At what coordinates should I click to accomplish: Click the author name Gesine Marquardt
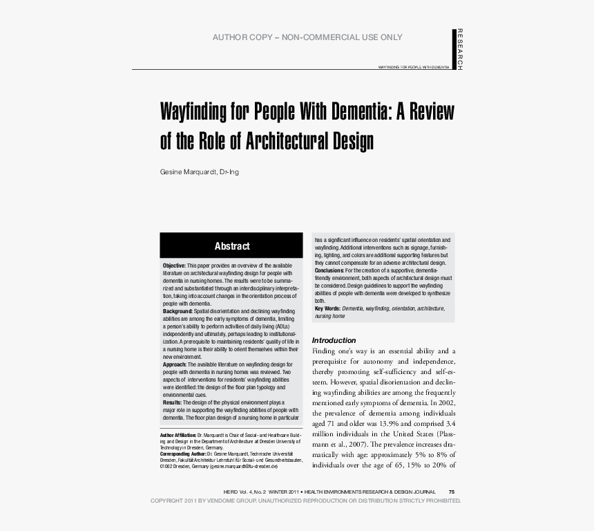point(189,171)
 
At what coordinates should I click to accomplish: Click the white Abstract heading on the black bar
point(232,246)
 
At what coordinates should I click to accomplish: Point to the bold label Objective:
point(174,266)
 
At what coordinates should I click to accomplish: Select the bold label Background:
point(178,312)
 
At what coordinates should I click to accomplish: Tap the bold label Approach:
point(175,364)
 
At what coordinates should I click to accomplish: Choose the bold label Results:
point(172,402)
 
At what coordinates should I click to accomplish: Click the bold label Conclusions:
point(329,270)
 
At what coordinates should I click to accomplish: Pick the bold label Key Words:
point(327,308)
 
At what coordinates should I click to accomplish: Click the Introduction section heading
point(334,340)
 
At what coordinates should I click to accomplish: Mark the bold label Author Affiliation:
point(178,436)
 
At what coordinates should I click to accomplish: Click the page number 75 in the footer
point(452,492)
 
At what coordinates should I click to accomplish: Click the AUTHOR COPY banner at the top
point(307,37)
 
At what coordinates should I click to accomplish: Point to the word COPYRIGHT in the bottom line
point(166,500)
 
